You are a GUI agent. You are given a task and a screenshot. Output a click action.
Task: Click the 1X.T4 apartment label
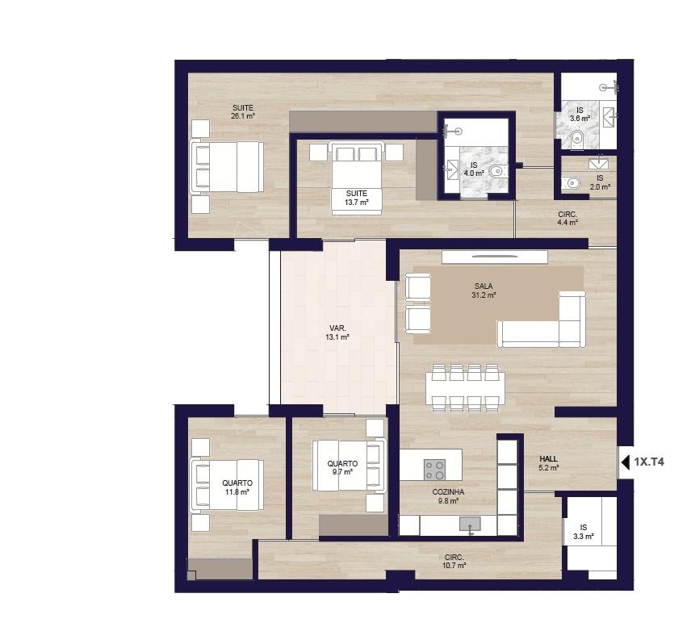pyautogui.click(x=649, y=462)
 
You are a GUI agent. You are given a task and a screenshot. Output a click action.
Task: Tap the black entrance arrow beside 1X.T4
pyautogui.click(x=626, y=462)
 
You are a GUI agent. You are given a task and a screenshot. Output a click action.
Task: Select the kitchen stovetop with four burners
pyautogui.click(x=434, y=470)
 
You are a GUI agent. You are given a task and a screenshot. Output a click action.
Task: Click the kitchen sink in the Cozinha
pyautogui.click(x=470, y=525)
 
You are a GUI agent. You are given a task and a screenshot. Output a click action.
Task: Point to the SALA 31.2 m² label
pyautogui.click(x=484, y=291)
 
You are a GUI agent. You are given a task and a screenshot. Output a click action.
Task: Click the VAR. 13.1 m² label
pyautogui.click(x=337, y=332)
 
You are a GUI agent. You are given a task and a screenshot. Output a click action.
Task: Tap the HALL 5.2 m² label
pyautogui.click(x=548, y=463)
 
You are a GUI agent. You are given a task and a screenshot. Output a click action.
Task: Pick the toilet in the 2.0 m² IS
pyautogui.click(x=570, y=182)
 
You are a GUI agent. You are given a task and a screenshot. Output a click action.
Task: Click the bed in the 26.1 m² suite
pyautogui.click(x=227, y=166)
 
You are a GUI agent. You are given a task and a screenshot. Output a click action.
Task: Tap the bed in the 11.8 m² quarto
pyautogui.click(x=227, y=485)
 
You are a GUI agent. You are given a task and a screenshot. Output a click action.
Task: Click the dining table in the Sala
pyautogui.click(x=465, y=388)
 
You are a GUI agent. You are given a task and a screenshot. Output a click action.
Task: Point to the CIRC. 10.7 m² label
pyautogui.click(x=454, y=561)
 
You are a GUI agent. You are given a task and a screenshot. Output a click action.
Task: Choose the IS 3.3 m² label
pyautogui.click(x=584, y=532)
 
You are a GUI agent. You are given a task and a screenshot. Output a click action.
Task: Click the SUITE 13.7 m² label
pyautogui.click(x=357, y=198)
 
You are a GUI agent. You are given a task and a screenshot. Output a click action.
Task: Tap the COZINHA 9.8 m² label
pyautogui.click(x=448, y=496)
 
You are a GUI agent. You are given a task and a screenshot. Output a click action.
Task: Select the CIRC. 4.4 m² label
pyautogui.click(x=567, y=218)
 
